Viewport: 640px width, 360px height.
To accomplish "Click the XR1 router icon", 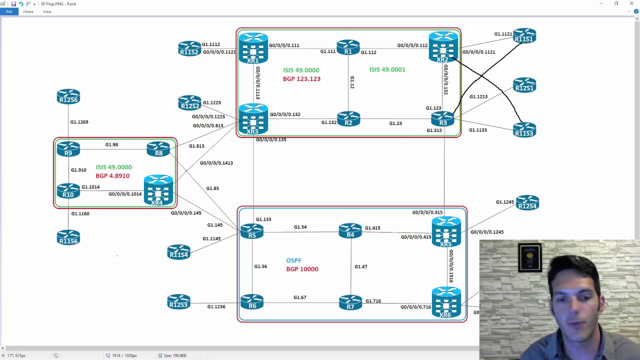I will (x=253, y=48).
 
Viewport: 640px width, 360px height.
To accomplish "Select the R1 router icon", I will (x=348, y=47).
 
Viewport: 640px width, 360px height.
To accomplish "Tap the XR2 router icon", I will (x=443, y=47).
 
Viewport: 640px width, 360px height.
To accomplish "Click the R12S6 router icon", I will (x=68, y=96).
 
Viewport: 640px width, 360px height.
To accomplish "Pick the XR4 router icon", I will (x=158, y=190).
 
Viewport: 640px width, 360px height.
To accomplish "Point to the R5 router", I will (x=251, y=231).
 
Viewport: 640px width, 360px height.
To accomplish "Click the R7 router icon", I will (x=350, y=302).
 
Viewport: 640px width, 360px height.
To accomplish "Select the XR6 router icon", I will (x=446, y=302).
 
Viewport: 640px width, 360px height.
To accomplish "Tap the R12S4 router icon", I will (x=527, y=203).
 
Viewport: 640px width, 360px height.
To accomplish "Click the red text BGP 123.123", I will (x=301, y=79).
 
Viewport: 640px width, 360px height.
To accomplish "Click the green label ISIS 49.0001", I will (x=387, y=69).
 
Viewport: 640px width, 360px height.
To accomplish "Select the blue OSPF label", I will (x=293, y=260).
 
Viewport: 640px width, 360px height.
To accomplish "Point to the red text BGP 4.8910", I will (x=112, y=176).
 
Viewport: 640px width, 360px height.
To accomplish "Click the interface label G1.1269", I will (x=79, y=122).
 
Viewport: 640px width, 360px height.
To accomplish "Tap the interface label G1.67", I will (x=299, y=297).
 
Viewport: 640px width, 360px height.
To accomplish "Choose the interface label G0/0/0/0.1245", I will (x=486, y=232).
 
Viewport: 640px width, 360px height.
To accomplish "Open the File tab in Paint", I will (x=9, y=11).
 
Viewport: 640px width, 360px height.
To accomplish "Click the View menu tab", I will (x=47, y=11).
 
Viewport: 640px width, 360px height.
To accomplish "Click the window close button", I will (x=631, y=3).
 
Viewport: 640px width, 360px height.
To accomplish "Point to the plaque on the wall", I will (x=529, y=257).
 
